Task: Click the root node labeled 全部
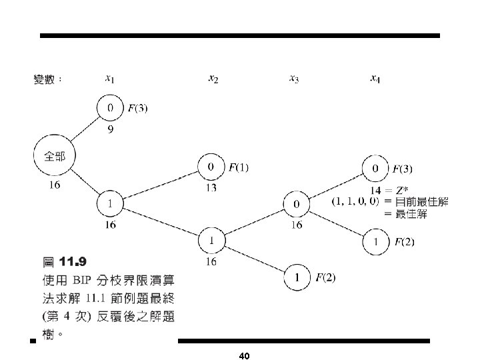55,158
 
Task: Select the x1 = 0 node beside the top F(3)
111,107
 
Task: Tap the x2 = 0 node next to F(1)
211,167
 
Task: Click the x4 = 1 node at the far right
376,241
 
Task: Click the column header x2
213,79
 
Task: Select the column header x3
294,79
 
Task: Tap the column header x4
376,79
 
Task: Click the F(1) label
239,167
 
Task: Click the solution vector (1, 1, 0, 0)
355,201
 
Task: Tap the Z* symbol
403,190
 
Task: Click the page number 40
243,356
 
